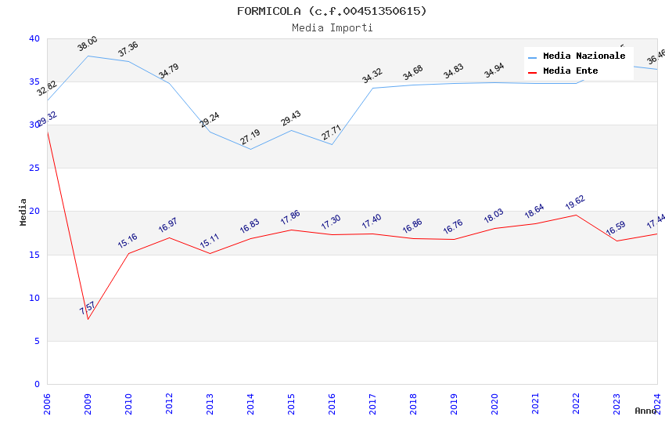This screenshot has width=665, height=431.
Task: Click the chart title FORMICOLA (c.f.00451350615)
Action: [332, 11]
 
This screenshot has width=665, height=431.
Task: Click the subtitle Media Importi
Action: [332, 27]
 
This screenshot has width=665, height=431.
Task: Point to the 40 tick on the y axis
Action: [34, 38]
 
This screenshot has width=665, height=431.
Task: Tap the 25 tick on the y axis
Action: [34, 168]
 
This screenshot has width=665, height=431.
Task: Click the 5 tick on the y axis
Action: [37, 341]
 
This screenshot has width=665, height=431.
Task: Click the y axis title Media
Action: [23, 212]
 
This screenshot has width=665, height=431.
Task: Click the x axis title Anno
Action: [645, 411]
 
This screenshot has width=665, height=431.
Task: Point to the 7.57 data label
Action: [88, 307]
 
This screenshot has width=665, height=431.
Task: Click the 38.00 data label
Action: [88, 44]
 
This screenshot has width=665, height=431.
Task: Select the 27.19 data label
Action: [250, 137]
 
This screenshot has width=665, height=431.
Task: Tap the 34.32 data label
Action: [372, 76]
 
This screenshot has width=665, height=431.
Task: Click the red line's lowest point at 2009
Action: [88, 319]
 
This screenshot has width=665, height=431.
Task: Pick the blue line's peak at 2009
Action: [88, 56]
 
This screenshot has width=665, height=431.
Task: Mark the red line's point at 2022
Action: [576, 215]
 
